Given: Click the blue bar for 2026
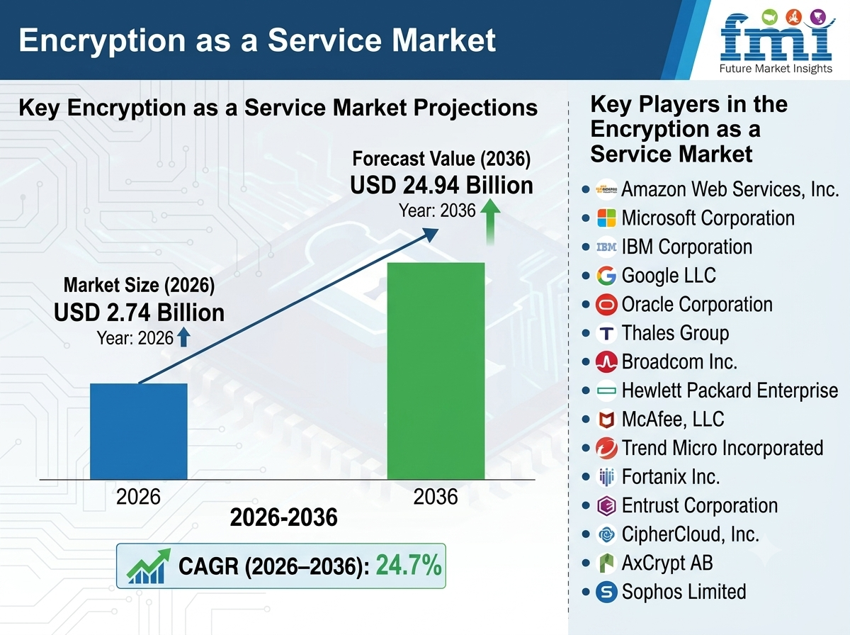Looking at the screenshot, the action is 139,431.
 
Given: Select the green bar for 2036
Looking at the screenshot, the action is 436,371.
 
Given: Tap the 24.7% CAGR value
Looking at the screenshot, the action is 409,566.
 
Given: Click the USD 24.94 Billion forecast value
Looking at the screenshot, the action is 442,185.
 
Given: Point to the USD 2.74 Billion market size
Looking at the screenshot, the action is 139,313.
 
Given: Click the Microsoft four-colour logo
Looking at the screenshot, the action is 606,218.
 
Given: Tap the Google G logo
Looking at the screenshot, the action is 606,276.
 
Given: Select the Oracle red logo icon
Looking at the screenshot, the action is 606,304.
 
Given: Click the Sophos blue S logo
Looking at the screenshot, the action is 606,592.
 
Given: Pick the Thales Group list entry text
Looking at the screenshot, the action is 675,333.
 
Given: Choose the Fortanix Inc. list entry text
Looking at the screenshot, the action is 671,477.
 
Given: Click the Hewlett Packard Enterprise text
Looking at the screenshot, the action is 730,390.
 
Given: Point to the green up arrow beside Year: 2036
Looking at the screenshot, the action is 490,222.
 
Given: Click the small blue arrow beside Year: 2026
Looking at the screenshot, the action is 183,337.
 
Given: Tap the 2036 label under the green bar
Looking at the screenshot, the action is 436,497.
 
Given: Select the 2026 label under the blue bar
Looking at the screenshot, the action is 138,497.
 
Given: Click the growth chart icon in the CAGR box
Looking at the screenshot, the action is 149,566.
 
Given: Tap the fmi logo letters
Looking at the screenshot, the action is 776,39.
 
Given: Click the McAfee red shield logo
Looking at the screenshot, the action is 606,420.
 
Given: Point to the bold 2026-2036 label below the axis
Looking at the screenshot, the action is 284,517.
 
